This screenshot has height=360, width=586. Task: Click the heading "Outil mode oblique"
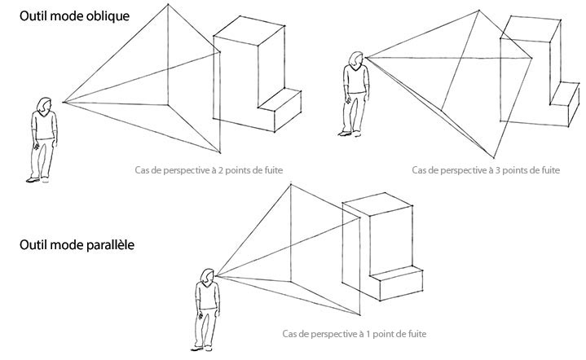[x=74, y=16]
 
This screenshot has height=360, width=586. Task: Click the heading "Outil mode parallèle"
[x=77, y=245]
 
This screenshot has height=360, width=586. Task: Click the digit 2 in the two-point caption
[x=221, y=170]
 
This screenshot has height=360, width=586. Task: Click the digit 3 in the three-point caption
[x=498, y=170]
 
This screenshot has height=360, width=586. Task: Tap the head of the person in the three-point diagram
[x=356, y=59]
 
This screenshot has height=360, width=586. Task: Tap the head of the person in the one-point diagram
[x=208, y=276]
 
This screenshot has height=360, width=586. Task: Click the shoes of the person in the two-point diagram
[x=37, y=180]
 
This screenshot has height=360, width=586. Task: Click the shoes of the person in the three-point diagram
[x=350, y=134]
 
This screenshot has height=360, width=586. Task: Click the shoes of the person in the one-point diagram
[x=202, y=349]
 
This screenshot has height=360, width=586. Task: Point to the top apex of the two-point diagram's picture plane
[x=168, y=5]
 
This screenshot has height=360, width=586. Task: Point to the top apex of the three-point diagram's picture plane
[x=478, y=11]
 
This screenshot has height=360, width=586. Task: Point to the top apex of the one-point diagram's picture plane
[x=291, y=184]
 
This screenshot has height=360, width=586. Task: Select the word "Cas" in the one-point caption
[x=289, y=333]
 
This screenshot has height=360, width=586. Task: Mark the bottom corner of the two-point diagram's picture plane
[x=220, y=153]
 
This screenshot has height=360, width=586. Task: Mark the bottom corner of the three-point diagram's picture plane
[x=494, y=158]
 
